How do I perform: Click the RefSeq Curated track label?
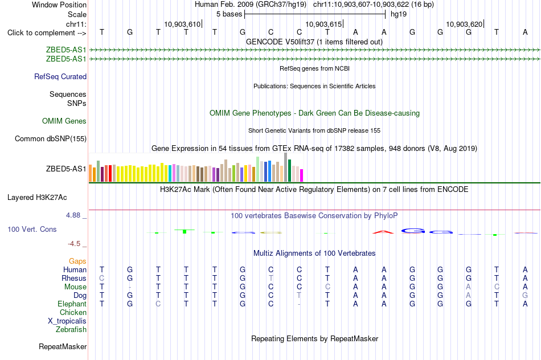coord(60,77)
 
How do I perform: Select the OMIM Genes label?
coord(64,121)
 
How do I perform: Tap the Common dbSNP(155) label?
coord(51,139)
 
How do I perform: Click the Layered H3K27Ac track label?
coord(37,198)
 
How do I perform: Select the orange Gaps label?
coord(77,261)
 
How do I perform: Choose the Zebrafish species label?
coord(71,330)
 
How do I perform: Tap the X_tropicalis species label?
coord(67,321)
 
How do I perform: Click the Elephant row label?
coord(72,304)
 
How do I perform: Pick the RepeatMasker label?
coord(63,346)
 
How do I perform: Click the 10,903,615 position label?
coord(323,24)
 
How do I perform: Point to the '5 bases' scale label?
coord(229,14)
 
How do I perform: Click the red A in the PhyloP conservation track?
coord(383,232)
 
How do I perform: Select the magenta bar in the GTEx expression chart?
coord(302,175)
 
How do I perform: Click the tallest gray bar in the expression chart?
coord(286,167)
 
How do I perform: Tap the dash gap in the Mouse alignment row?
coord(130,287)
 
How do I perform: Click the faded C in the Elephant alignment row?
coord(158,304)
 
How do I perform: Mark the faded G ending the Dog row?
coord(525,295)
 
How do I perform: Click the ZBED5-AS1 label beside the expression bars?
coord(66,169)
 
